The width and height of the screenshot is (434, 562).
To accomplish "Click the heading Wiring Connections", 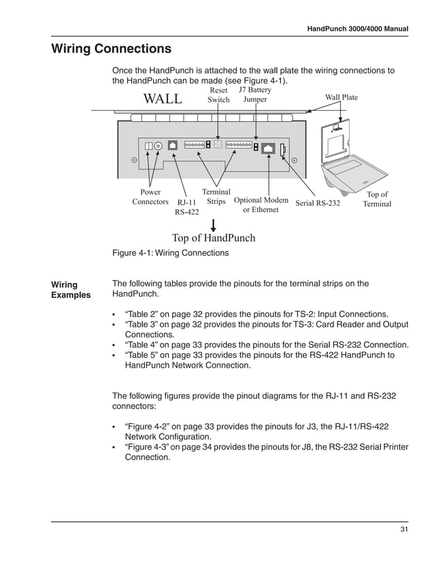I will pyautogui.click(x=112, y=50).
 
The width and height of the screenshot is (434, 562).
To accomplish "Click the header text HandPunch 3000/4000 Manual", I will pyautogui.click(x=357, y=29).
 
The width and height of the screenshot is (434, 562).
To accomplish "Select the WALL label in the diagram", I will pyautogui.click(x=163, y=99).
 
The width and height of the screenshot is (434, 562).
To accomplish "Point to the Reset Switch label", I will pyautogui.click(x=218, y=95).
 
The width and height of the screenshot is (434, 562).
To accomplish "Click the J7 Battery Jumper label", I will pyautogui.click(x=255, y=95).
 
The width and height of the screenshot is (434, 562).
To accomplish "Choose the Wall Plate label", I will pyautogui.click(x=341, y=97).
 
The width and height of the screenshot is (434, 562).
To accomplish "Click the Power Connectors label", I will pyautogui.click(x=150, y=197).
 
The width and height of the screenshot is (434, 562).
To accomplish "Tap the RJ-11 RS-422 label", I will pyautogui.click(x=186, y=207).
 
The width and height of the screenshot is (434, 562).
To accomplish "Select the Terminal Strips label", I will pyautogui.click(x=216, y=197).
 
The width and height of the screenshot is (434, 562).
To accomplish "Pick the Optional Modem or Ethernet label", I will pyautogui.click(x=261, y=205).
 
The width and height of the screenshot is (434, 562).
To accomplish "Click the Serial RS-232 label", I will pyautogui.click(x=318, y=203).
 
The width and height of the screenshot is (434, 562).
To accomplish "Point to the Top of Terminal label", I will pyautogui.click(x=377, y=199).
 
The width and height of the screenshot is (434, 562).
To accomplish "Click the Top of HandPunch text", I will pyautogui.click(x=214, y=237).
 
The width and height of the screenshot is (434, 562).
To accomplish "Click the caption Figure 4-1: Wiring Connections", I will pyautogui.click(x=170, y=253).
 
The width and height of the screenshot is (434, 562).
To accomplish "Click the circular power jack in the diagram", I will pyautogui.click(x=158, y=146).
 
